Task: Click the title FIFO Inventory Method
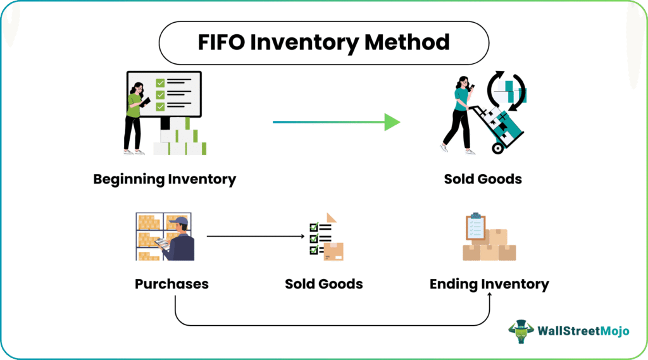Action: coord(323,42)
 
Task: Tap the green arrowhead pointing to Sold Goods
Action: coord(392,122)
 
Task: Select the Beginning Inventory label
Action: coord(165,179)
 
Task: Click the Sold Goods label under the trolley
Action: coord(483,179)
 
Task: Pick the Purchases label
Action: coord(171,283)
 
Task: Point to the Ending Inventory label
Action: coord(489,283)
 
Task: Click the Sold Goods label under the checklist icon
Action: coord(324,283)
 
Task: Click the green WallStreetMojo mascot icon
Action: coord(521,331)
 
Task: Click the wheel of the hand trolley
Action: coord(497,148)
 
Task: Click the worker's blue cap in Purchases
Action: coord(182,221)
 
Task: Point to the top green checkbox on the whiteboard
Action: coord(160,82)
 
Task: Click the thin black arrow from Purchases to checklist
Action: coord(253,237)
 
